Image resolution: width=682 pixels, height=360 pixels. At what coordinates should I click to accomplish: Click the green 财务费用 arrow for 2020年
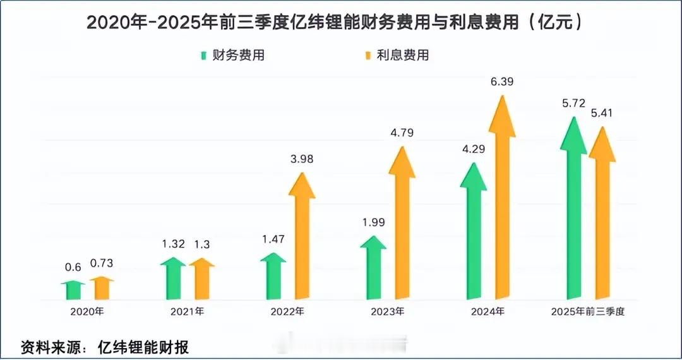73,291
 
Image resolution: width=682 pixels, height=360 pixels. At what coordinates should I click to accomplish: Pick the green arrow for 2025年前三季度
573,215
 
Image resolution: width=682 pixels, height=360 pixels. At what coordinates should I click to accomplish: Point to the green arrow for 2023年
373,268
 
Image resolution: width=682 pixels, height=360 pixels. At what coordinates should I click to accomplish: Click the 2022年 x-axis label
287,312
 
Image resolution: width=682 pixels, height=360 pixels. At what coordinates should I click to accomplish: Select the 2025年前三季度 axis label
587,312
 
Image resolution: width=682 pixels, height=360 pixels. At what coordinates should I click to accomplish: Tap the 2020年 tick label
87,312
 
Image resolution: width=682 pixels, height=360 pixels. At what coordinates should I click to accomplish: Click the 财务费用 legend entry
232,55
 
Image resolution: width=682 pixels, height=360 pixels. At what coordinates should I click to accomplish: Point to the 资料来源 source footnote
105,347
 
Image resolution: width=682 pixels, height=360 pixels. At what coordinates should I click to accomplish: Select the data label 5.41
601,113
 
